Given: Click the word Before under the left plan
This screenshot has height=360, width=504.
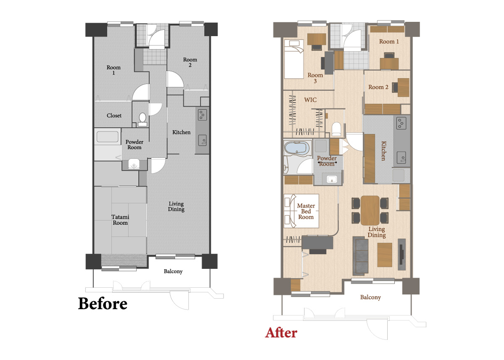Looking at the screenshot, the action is (x=102, y=304).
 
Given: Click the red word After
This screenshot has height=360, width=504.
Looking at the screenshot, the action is (x=281, y=333).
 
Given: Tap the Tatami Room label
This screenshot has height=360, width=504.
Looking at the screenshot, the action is (x=120, y=220).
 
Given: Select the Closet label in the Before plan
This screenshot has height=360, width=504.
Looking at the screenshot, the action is (x=114, y=116).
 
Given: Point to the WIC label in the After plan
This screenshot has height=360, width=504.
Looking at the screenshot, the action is (x=310, y=100).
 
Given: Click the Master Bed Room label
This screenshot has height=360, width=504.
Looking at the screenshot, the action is (x=306, y=211).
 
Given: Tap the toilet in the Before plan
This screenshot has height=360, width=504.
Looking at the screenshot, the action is (x=142, y=119).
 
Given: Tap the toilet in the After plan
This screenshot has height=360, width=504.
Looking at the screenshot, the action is (x=336, y=129).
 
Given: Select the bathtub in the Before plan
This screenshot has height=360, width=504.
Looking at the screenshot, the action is (x=108, y=137).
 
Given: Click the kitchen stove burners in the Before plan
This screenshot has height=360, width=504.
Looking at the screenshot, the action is (x=202, y=115).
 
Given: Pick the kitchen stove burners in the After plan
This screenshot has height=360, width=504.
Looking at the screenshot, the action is (x=401, y=123).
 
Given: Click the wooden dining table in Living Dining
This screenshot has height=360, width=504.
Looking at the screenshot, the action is (x=370, y=210).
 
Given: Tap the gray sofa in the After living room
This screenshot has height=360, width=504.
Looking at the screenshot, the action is (x=360, y=255).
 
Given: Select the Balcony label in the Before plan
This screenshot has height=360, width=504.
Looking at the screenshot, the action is (x=173, y=271).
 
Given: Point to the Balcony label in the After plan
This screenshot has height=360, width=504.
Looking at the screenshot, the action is (x=370, y=297).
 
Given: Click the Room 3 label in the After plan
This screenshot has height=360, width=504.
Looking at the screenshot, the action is (x=315, y=78).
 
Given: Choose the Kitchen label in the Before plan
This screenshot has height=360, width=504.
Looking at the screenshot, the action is (x=181, y=132).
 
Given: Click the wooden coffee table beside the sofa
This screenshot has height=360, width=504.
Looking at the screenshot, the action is (x=385, y=255).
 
